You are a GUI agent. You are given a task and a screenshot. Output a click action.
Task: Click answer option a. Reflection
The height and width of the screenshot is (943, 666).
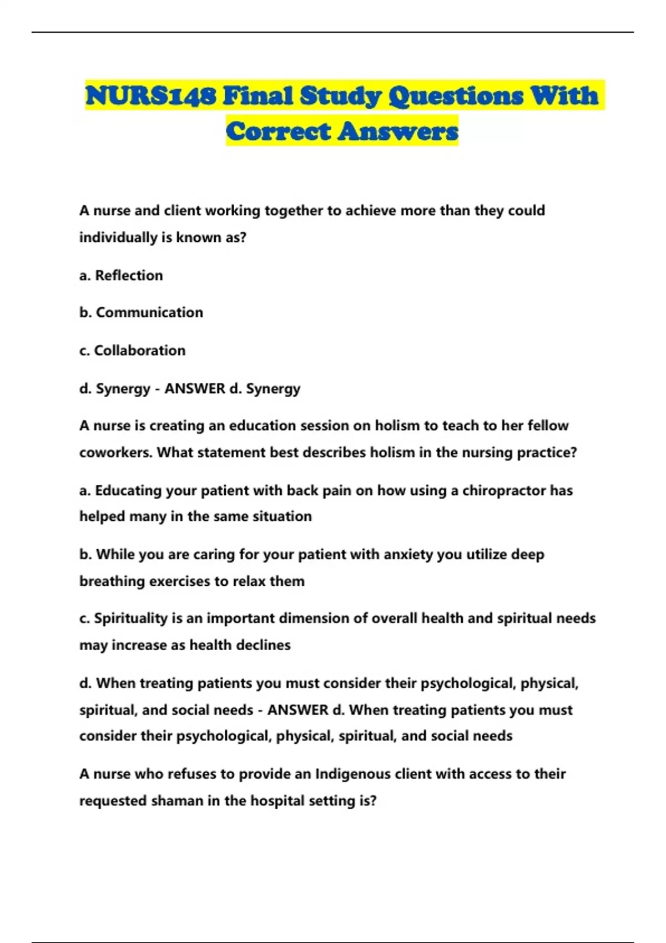(121, 276)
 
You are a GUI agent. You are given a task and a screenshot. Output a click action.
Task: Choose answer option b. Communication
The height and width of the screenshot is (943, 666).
(141, 312)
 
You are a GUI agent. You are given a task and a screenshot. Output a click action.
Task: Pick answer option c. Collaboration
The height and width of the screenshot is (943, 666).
(132, 351)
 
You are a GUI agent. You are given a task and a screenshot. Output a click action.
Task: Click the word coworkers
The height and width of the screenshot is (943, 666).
(115, 453)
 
